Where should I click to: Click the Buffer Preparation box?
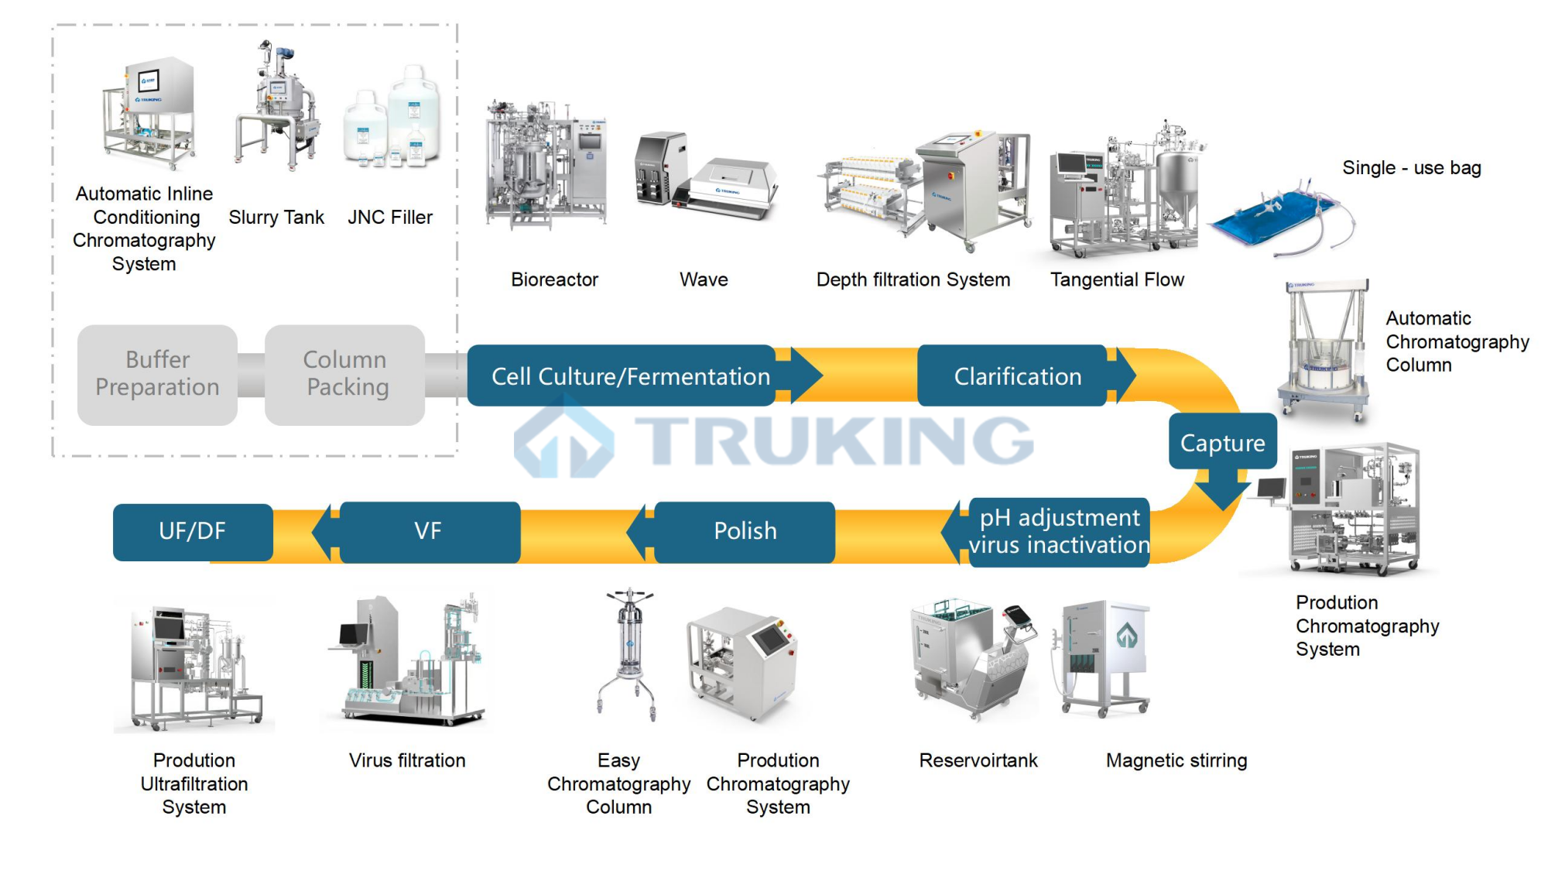(x=157, y=375)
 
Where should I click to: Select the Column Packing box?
(x=345, y=375)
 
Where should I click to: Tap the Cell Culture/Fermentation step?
(x=622, y=376)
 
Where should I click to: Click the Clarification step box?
(x=1013, y=376)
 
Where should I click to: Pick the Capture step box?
(x=1222, y=442)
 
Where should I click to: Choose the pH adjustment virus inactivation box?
(x=1059, y=532)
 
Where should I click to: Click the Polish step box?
(x=745, y=531)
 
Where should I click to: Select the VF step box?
(x=429, y=531)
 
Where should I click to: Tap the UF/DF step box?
(x=193, y=531)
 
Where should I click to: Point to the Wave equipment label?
(x=704, y=279)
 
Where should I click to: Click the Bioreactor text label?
(x=554, y=279)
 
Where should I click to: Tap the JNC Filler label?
(x=390, y=218)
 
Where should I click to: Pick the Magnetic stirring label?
(x=1176, y=760)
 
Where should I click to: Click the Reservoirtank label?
(x=978, y=760)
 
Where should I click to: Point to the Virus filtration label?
(x=407, y=760)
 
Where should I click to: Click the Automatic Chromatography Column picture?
(x=1323, y=352)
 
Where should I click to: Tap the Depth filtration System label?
(x=913, y=279)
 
